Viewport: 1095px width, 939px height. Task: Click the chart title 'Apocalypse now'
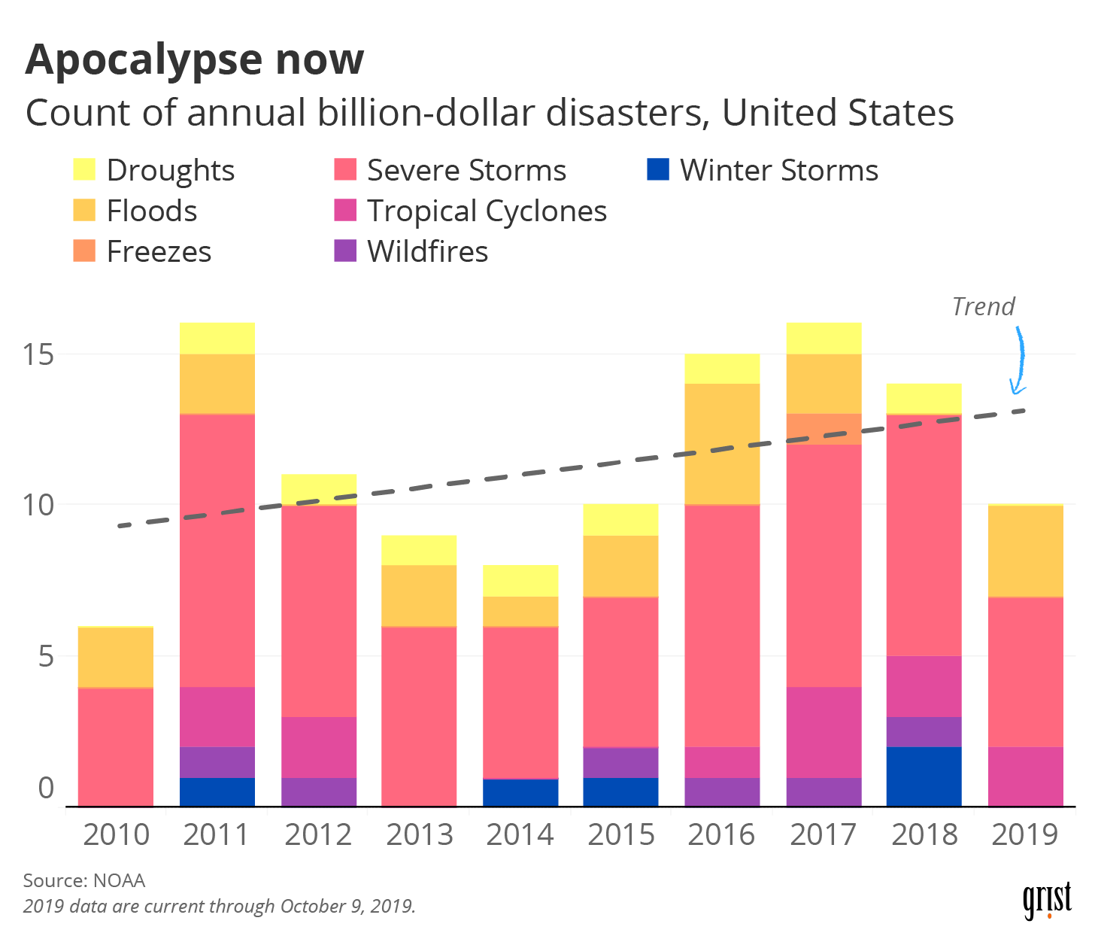click(x=194, y=60)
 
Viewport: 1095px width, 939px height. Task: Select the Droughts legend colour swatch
click(x=84, y=169)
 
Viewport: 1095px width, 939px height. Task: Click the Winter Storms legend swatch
click(x=657, y=169)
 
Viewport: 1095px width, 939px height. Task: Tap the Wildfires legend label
click(x=427, y=251)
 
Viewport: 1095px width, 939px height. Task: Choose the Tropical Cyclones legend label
click(x=487, y=211)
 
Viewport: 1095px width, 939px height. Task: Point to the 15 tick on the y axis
click(x=38, y=354)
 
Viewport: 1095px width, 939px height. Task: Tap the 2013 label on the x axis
click(x=419, y=835)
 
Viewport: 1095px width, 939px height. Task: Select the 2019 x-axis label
click(x=1025, y=835)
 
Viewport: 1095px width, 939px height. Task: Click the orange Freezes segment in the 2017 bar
click(x=824, y=429)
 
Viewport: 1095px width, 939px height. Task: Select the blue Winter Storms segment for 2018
click(x=924, y=776)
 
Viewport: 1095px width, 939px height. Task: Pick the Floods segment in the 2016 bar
click(x=722, y=444)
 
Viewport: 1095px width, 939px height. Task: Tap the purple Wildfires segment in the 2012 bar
click(x=318, y=792)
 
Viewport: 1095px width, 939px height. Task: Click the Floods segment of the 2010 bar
click(x=116, y=657)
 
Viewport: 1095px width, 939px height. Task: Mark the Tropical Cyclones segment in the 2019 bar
click(x=1025, y=776)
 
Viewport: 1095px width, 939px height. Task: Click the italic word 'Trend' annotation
click(x=983, y=307)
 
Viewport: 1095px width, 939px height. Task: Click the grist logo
click(x=1046, y=900)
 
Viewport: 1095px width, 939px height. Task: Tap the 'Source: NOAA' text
click(x=84, y=880)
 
